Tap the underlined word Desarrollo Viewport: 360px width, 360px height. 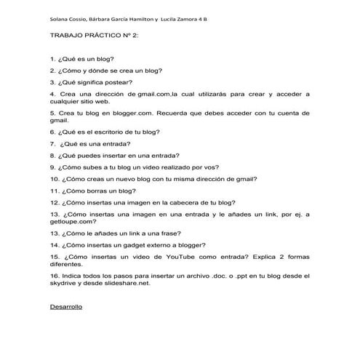[x=66, y=307]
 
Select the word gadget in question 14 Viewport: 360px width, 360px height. [x=135, y=245]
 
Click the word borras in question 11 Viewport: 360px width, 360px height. [x=103, y=191]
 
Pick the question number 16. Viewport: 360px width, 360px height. [x=55, y=276]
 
